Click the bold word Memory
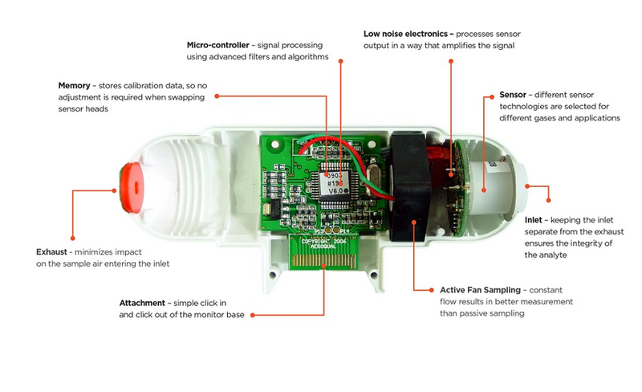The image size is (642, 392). coord(74,86)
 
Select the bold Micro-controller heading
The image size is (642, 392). coord(217,45)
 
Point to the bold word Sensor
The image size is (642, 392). coord(513,95)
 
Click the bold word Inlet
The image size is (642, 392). coord(533,220)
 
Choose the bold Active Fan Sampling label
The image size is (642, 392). coord(480,290)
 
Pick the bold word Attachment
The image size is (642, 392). coord(142,303)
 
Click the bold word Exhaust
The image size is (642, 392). coord(51,251)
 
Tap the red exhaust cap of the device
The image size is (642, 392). coord(131,187)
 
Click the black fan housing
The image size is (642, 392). coord(409,186)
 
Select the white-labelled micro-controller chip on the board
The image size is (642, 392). coord(335,183)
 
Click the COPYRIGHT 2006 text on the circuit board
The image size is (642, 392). coord(323,243)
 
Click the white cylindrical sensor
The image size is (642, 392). coord(498,187)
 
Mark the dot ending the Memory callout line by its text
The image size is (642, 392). coord(217,96)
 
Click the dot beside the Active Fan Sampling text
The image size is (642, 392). coord(431,290)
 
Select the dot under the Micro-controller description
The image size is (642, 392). coord(340,61)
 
